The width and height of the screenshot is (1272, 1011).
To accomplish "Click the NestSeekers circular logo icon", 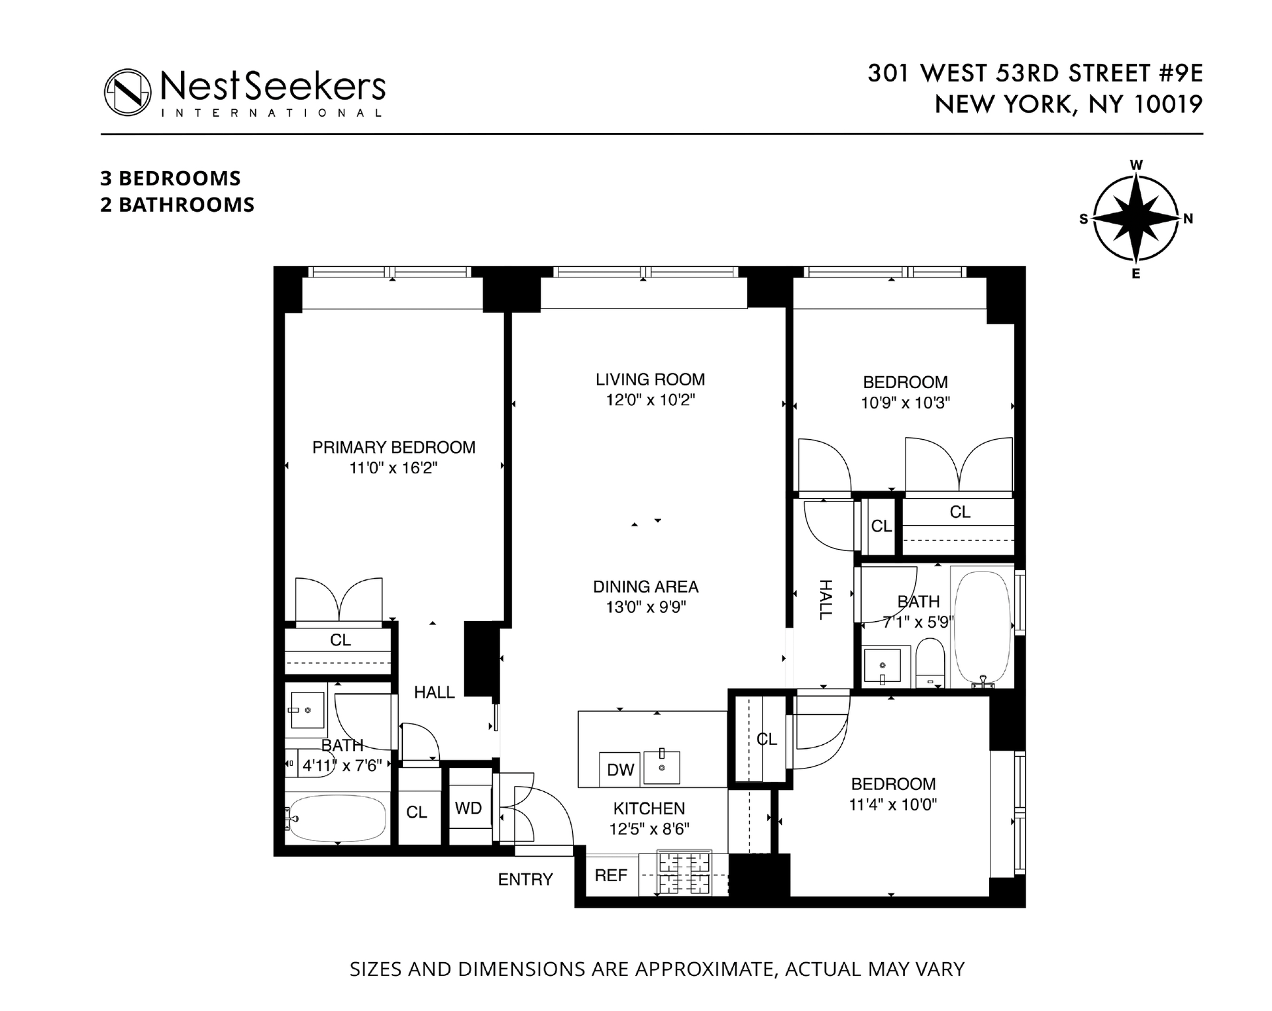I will click(128, 92).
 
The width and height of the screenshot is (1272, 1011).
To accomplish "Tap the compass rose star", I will click(1136, 218).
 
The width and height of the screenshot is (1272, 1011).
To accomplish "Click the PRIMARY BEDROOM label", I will click(394, 448).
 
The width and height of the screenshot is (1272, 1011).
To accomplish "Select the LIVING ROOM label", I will click(650, 379).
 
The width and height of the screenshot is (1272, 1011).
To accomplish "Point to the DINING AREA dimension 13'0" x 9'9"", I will click(646, 607).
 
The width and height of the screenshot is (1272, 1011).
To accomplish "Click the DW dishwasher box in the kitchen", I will click(620, 769).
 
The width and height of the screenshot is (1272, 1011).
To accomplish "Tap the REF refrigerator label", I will click(611, 875).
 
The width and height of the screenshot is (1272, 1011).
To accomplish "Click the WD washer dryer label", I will click(468, 808).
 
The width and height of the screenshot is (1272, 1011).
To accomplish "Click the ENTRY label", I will click(525, 879).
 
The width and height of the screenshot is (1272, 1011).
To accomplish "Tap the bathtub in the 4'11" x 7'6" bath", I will click(338, 818).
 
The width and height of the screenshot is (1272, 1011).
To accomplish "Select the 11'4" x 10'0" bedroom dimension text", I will click(893, 805).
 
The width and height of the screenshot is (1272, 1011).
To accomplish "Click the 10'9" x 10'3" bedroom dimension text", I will click(905, 403).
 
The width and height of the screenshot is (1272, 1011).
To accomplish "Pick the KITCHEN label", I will click(649, 808).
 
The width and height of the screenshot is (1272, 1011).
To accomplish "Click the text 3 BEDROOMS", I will click(170, 178).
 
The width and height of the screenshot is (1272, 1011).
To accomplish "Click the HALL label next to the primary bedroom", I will click(434, 693).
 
